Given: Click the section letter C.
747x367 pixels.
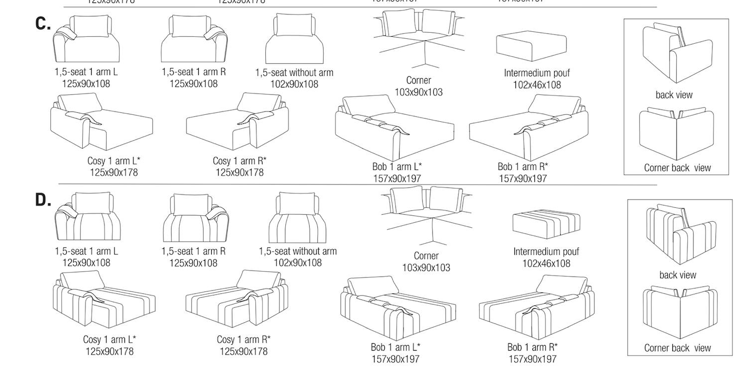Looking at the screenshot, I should coord(42,23).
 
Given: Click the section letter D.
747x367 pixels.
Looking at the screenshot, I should coord(43,200).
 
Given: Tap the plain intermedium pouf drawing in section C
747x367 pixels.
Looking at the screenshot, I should coord(531,48).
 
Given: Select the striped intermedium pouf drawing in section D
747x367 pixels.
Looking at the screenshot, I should coord(546,223).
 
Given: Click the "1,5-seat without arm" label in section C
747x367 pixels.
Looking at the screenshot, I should coord(294,73).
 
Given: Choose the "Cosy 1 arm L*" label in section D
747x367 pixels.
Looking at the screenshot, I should coord(109,340).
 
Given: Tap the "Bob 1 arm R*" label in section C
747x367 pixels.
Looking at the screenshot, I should coord(522,167).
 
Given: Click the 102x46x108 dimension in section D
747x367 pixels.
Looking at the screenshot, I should coord(546,263).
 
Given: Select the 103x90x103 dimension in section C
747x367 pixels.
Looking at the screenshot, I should coord(418,92).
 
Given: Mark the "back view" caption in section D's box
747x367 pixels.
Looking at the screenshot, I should coord(677,275).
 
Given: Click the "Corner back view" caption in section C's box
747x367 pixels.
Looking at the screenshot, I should coord(677,168).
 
